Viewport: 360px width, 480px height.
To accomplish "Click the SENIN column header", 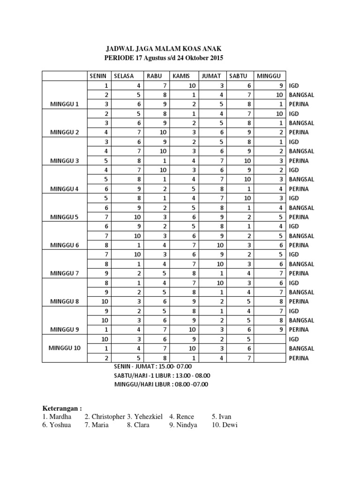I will (99, 76).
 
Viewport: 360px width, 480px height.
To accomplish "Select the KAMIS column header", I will (181, 76).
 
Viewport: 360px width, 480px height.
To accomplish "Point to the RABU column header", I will (154, 76).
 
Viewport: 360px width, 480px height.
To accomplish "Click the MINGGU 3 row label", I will (65, 161).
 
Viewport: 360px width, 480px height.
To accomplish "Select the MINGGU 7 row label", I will (65, 273).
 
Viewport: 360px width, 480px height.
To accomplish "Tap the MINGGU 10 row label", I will (65, 348).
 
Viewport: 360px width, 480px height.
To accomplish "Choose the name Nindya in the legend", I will (187, 425).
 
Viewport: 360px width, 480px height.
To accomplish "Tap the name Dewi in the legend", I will (229, 425).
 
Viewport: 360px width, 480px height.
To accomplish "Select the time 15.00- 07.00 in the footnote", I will (172, 366).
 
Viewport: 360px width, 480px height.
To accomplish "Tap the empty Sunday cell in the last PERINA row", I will (268, 358).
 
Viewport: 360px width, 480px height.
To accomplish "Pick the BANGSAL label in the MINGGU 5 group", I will (301, 208).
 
